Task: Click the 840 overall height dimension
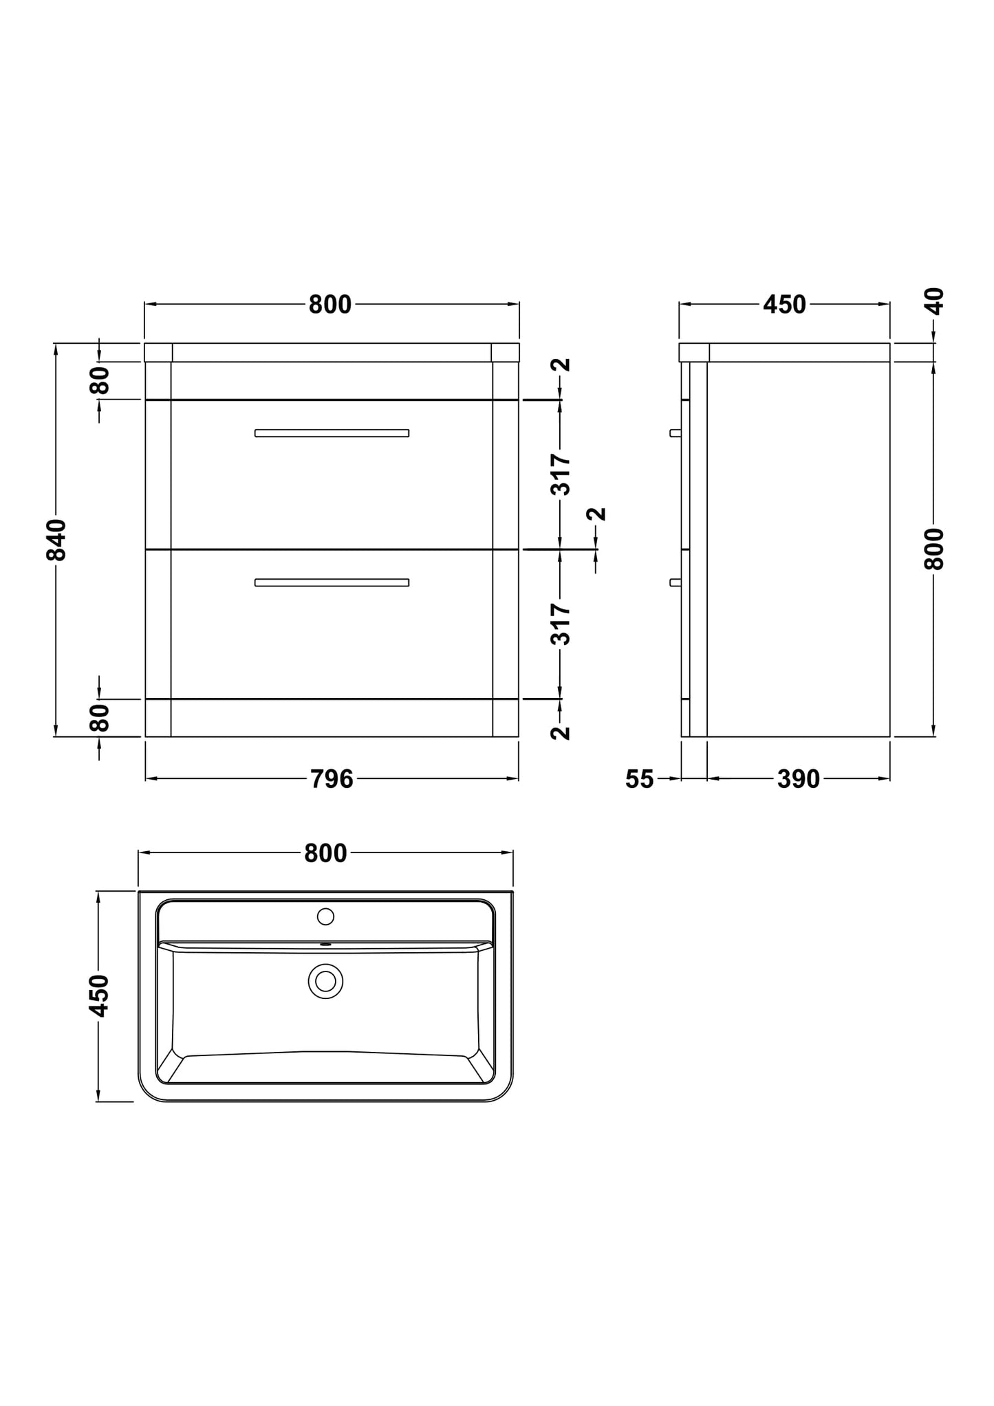click(x=57, y=540)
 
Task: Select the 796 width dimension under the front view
click(x=332, y=779)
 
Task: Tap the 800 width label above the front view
click(x=330, y=305)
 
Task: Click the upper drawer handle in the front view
click(x=332, y=433)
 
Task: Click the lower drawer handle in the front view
click(x=332, y=582)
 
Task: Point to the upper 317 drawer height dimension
click(x=561, y=474)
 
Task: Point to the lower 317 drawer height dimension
click(x=561, y=624)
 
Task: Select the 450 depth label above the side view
click(x=784, y=305)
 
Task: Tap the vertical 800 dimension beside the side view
click(x=933, y=549)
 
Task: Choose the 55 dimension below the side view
click(x=639, y=779)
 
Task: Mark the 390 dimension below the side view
click(x=799, y=779)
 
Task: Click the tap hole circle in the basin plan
click(x=325, y=916)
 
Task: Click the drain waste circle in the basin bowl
click(x=325, y=981)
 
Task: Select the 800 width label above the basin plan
click(x=325, y=853)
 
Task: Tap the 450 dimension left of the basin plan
click(x=99, y=996)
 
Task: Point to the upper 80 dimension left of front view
click(x=100, y=380)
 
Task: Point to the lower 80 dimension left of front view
click(x=100, y=718)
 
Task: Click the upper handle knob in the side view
click(x=675, y=433)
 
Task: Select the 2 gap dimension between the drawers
click(x=598, y=514)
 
